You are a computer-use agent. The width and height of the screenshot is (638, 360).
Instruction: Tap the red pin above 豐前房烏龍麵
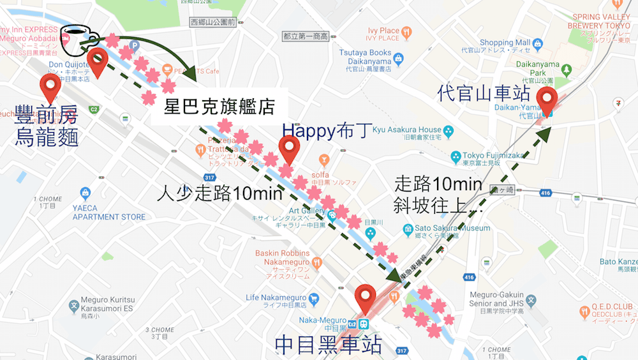[50, 86]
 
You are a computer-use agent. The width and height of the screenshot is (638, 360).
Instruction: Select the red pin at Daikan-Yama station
[547, 101]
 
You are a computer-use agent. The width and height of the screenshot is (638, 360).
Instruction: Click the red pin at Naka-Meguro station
[366, 296]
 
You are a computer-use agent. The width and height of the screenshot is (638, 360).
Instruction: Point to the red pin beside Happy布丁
[289, 149]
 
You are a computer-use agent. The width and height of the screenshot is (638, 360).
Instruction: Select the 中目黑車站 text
[328, 344]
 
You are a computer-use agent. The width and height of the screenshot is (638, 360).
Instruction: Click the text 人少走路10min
[220, 192]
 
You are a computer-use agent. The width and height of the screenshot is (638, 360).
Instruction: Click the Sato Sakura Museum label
[452, 228]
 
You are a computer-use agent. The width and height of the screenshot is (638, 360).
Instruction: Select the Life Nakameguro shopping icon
[313, 298]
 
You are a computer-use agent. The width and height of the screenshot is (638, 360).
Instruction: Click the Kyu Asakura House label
[406, 130]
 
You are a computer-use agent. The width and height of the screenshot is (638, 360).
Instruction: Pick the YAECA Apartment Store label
[108, 213]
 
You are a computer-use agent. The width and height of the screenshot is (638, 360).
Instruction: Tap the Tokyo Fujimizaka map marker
[456, 156]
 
